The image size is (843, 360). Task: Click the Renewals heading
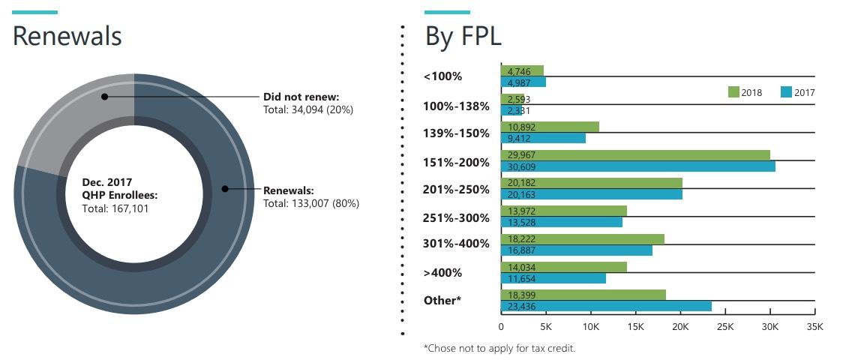[x=67, y=36]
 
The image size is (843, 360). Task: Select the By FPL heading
[x=463, y=36]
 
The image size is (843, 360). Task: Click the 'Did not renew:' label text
[x=301, y=97]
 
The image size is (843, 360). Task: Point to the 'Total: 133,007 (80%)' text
[x=310, y=203]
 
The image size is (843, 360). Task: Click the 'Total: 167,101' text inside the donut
[x=115, y=208]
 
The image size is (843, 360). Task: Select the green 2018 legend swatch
[x=733, y=92]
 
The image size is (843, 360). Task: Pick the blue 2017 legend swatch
[x=786, y=92]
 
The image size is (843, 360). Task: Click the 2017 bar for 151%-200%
[x=637, y=166]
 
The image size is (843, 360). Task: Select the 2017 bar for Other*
[x=606, y=306]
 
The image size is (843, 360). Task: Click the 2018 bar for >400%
[x=563, y=267]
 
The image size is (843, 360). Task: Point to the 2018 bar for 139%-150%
[x=550, y=127]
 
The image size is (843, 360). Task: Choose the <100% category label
[x=442, y=76]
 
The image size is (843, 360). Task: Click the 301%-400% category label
[x=456, y=243]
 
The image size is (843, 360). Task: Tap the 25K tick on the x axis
[x=725, y=327]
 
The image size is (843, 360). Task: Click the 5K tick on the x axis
[x=546, y=327]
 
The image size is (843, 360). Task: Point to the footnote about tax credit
[x=499, y=348]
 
